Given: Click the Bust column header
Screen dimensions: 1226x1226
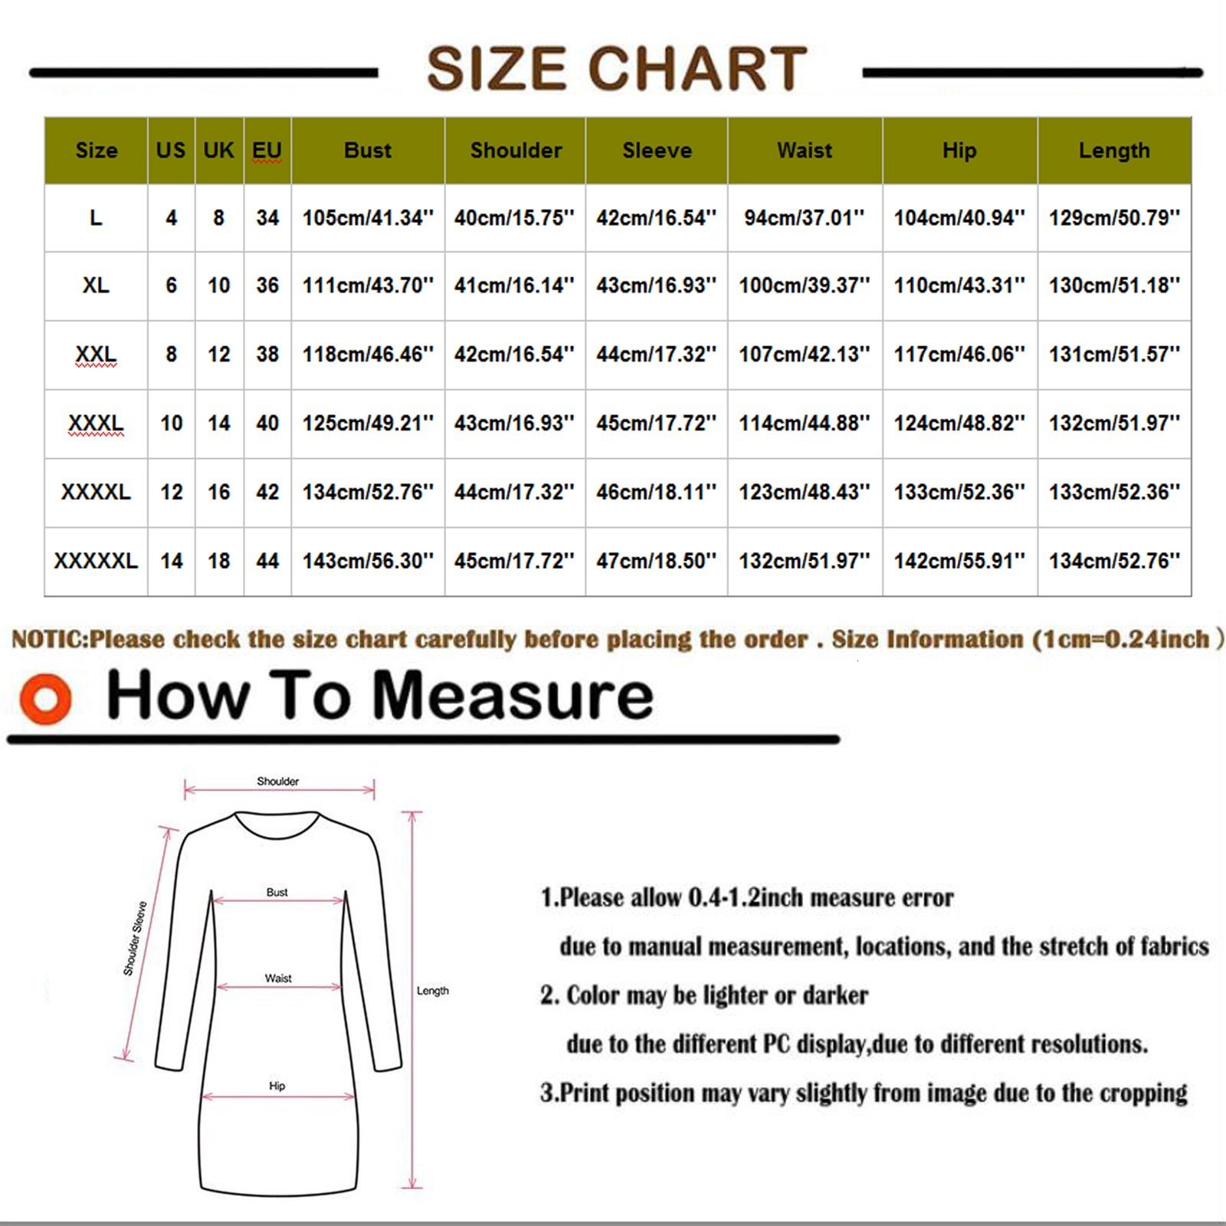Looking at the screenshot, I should pyautogui.click(x=368, y=150).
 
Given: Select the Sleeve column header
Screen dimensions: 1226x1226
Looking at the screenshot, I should pyautogui.click(x=657, y=150).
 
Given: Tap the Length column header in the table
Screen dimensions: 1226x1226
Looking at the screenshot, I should pyautogui.click(x=1114, y=150).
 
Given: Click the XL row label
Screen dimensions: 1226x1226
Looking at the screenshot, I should pyautogui.click(x=96, y=286).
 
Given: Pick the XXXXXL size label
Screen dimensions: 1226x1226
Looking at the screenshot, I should pyautogui.click(x=96, y=561).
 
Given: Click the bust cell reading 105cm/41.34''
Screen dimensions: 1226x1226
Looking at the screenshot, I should pyautogui.click(x=368, y=218).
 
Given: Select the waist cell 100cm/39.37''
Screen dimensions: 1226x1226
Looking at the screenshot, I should pyautogui.click(x=805, y=286).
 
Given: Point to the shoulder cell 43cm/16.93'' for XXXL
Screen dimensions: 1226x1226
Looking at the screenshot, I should pyautogui.click(x=514, y=423).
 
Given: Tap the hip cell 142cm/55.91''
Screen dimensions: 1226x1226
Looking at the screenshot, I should pyautogui.click(x=959, y=561).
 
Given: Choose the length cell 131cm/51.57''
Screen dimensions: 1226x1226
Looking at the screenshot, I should pyautogui.click(x=1114, y=354).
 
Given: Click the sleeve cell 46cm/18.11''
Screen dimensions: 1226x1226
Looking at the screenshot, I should pyautogui.click(x=657, y=492).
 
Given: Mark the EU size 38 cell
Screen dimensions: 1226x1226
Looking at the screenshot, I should pyautogui.click(x=267, y=354).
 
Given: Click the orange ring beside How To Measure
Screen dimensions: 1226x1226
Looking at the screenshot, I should pyautogui.click(x=46, y=698).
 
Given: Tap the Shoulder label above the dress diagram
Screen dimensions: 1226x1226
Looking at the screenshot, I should pyautogui.click(x=277, y=782).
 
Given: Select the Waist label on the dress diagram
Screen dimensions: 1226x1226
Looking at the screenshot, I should pyautogui.click(x=278, y=979).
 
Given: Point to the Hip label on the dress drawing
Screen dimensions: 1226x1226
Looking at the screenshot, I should pyautogui.click(x=277, y=1086).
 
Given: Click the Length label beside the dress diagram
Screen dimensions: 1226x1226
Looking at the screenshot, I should pyautogui.click(x=433, y=991).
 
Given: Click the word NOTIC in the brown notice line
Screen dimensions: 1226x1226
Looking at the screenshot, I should pyautogui.click(x=49, y=639).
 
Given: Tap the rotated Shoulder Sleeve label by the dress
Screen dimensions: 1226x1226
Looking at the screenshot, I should pyautogui.click(x=135, y=939).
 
